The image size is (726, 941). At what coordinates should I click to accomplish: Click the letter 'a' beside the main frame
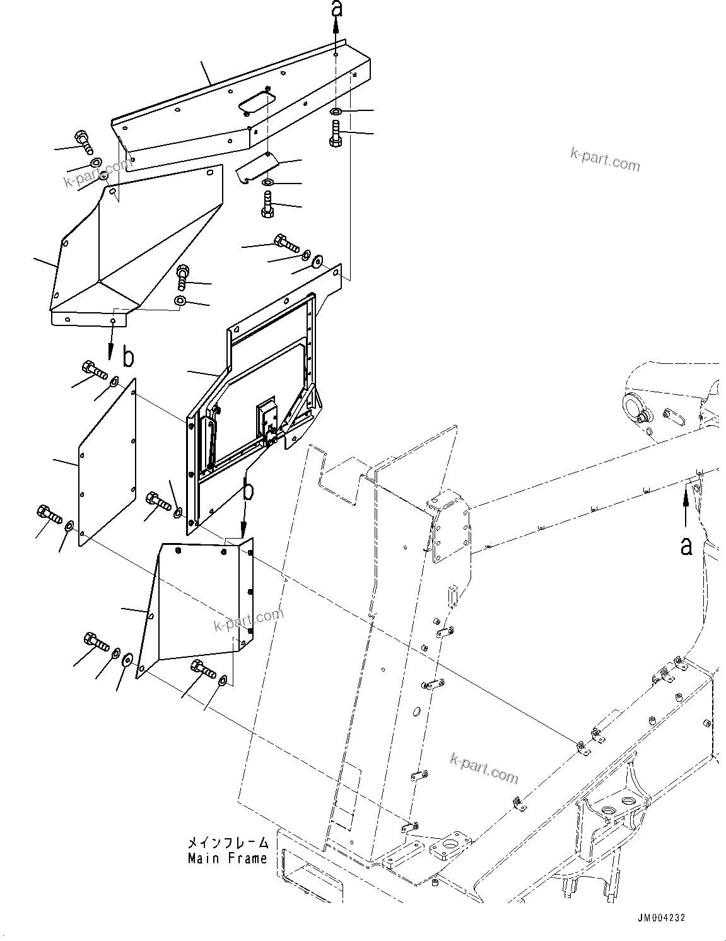pos(686,546)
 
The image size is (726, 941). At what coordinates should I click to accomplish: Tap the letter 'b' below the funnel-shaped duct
pos(128,358)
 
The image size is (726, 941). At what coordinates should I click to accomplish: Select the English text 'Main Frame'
pos(227,858)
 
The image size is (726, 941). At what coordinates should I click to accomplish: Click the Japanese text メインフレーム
pos(227,843)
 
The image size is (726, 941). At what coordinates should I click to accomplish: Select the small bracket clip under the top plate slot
pos(257,168)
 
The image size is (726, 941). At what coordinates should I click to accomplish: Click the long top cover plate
pos(240,101)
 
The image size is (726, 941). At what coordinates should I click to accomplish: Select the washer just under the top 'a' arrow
pos(336,112)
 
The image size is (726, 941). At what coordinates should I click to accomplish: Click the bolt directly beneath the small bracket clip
pos(267,206)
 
